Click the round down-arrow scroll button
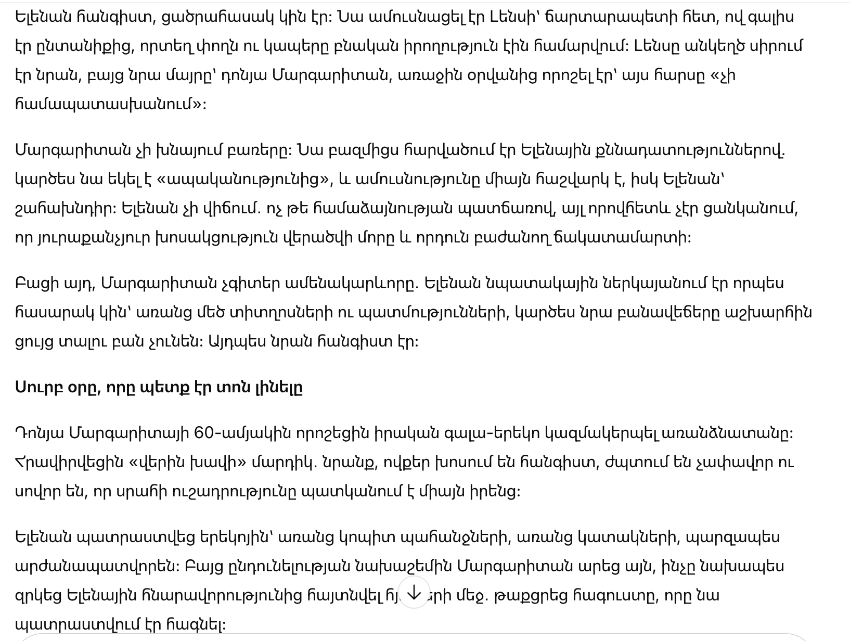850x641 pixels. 414,593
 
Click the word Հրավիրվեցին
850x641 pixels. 69,462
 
